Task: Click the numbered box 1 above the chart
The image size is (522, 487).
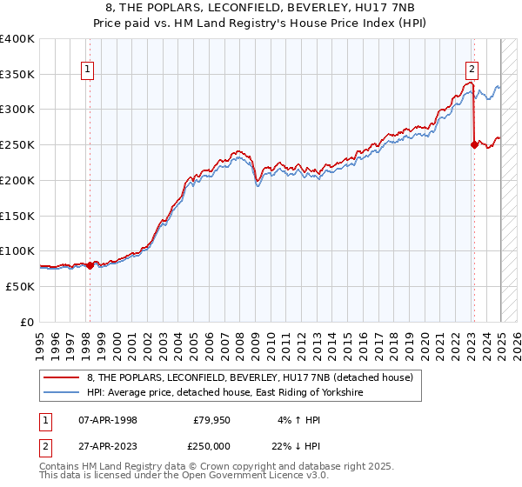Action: point(89,72)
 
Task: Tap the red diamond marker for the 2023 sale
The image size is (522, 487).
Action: point(474,144)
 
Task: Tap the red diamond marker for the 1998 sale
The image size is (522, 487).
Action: point(90,265)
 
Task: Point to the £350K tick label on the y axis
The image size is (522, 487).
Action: point(17,74)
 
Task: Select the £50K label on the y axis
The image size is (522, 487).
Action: point(21,286)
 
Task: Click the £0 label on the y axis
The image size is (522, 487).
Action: point(28,322)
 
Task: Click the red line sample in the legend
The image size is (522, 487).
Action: point(61,377)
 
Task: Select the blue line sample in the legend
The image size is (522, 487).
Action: point(61,393)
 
